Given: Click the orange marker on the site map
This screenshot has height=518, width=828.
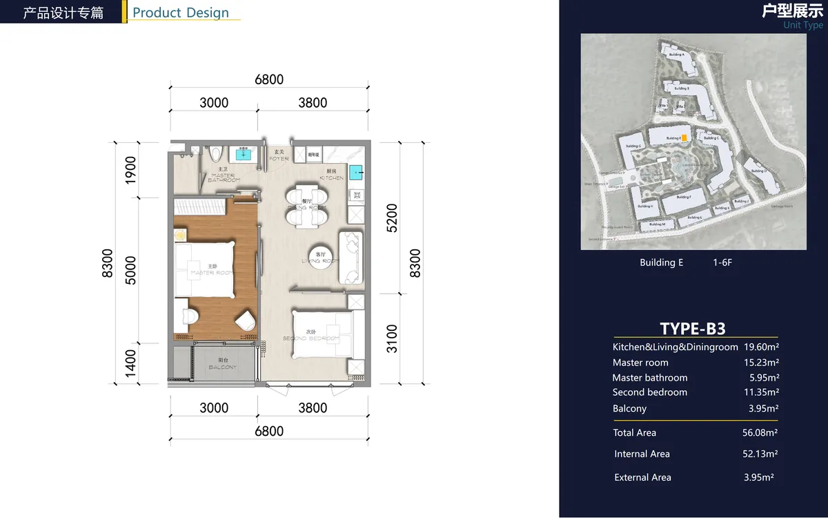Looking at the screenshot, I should pyautogui.click(x=684, y=138).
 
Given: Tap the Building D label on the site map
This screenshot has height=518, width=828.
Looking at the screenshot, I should pyautogui.click(x=758, y=171).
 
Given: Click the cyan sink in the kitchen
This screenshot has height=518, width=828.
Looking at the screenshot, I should pyautogui.click(x=355, y=172).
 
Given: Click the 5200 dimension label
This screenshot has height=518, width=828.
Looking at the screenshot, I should pyautogui.click(x=393, y=218).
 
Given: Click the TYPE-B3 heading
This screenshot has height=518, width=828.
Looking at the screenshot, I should pyautogui.click(x=692, y=328).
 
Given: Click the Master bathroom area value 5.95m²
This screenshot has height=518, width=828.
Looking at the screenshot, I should pyautogui.click(x=764, y=378).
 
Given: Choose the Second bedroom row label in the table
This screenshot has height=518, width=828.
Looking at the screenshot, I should pyautogui.click(x=649, y=392).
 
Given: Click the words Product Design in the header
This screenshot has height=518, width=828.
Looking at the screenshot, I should pyautogui.click(x=181, y=12).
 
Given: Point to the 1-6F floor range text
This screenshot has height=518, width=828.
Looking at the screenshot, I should pyautogui.click(x=722, y=262).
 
